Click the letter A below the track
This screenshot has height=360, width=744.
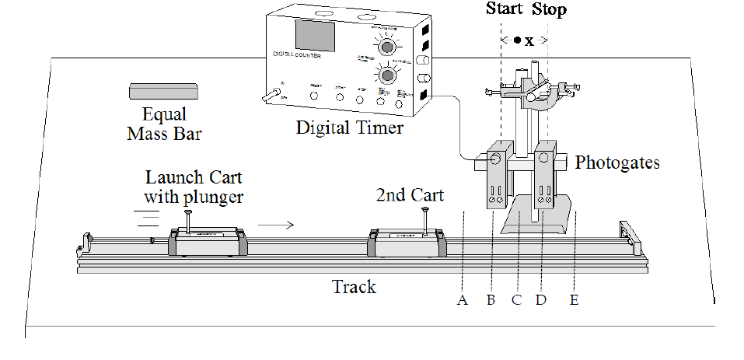[x=463, y=299]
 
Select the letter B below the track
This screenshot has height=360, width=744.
[x=491, y=299]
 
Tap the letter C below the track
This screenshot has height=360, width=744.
[x=515, y=299]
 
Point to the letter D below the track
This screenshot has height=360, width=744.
[x=541, y=299]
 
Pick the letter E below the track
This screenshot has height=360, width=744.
[x=574, y=299]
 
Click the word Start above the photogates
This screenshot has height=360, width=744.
[x=505, y=10]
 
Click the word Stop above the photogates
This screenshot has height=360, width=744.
[x=549, y=10]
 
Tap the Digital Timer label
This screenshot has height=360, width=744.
[x=350, y=127]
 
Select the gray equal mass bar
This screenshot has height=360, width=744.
[x=163, y=91]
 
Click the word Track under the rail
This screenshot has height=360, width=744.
[x=354, y=287]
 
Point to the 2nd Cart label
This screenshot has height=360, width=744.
[x=410, y=194]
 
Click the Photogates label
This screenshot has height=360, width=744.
[x=617, y=163]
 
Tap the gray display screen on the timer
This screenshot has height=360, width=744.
[x=314, y=37]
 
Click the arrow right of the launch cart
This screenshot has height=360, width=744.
[x=276, y=225]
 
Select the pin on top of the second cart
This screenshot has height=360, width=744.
[x=424, y=219]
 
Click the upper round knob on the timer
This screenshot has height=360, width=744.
[x=383, y=47]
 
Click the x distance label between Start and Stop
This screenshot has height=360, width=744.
[x=529, y=41]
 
